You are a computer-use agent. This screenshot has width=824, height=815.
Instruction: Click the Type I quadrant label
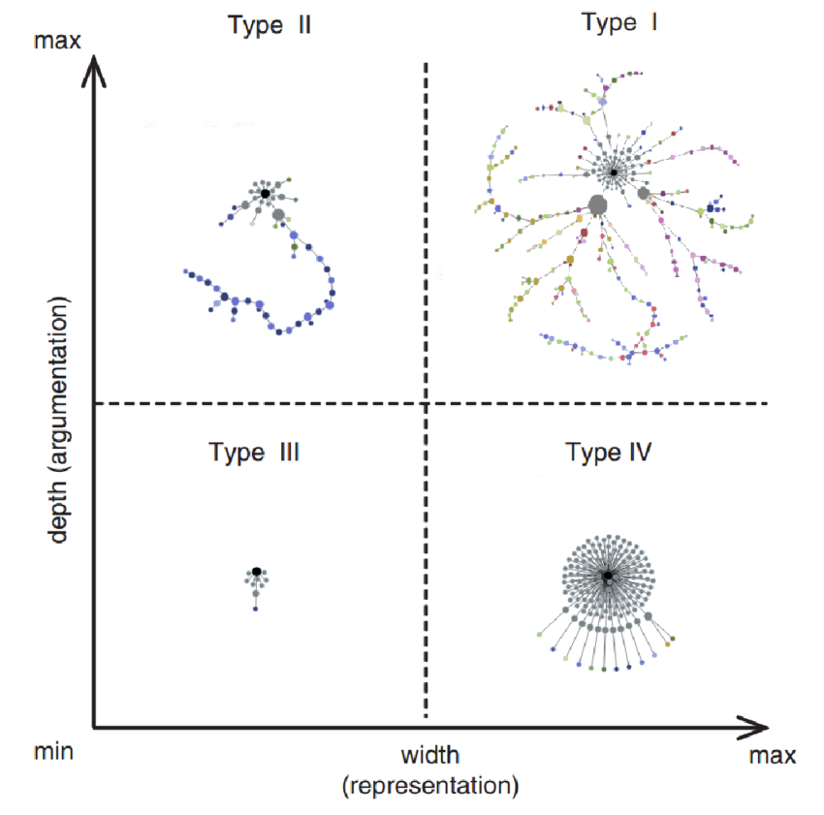(x=619, y=22)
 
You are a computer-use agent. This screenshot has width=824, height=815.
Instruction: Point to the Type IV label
(x=609, y=452)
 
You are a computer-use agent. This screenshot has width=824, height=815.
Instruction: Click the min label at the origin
(x=54, y=752)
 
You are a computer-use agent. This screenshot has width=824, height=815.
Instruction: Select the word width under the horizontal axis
(x=430, y=755)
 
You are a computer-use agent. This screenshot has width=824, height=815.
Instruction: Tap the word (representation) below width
(x=430, y=784)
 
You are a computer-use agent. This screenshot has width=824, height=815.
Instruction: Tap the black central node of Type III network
(x=256, y=572)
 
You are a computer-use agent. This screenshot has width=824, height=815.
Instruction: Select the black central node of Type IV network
(x=607, y=576)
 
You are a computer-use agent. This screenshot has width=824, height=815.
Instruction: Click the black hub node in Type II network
(x=264, y=194)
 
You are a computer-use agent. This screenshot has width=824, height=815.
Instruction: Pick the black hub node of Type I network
(x=614, y=172)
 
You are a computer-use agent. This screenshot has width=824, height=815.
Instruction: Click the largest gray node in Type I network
(x=597, y=204)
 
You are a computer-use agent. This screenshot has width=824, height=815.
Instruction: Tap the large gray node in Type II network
(x=278, y=214)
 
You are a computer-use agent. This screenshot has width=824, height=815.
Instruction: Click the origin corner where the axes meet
(x=94, y=726)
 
